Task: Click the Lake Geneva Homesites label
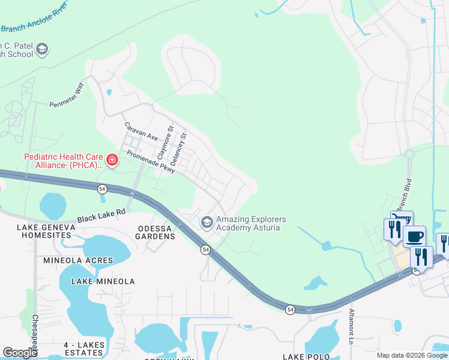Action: tap(46, 231)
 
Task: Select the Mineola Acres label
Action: tap(78, 260)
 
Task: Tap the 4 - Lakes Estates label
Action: tap(84, 349)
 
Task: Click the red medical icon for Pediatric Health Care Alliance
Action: tap(112, 160)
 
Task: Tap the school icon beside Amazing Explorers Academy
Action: tap(207, 223)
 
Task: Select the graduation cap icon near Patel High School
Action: tap(42, 49)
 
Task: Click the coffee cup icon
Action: tap(414, 236)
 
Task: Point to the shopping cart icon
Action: tap(402, 220)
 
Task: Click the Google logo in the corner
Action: tap(20, 352)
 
